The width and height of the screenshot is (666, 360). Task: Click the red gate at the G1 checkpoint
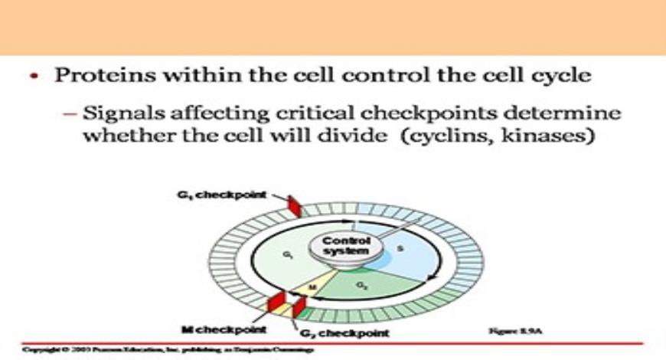coord(294,206)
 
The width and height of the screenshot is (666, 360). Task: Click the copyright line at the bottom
coord(168,349)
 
